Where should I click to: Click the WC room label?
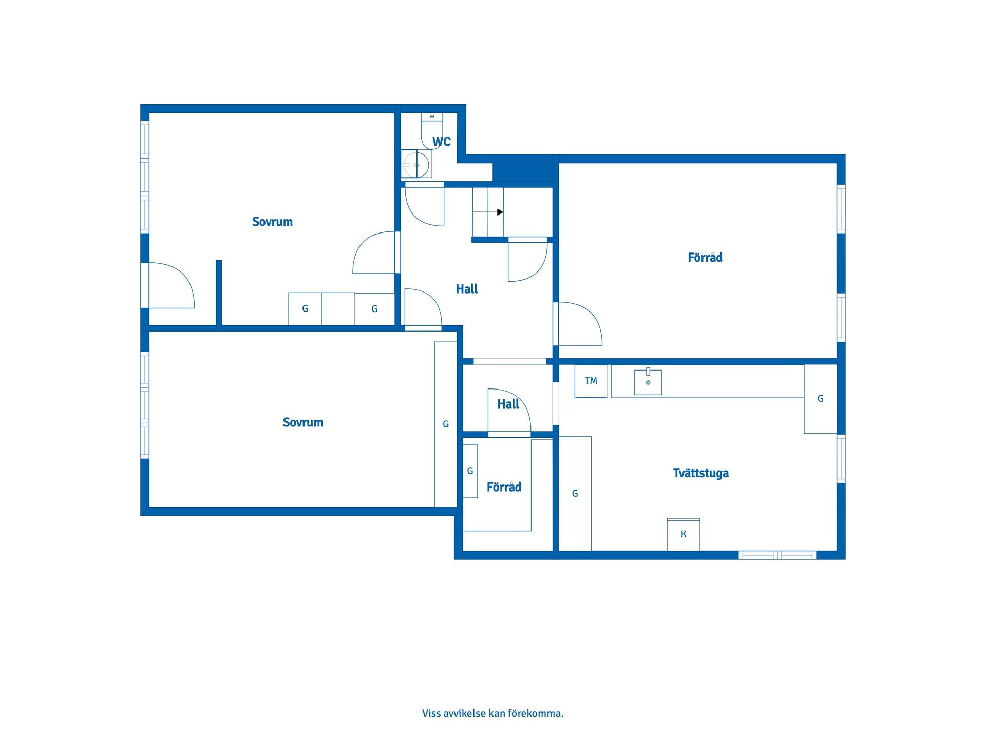point(441,141)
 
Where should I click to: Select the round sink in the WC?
point(416,164)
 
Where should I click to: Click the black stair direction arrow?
point(488,212)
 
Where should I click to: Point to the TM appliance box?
point(591,381)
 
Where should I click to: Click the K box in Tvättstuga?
point(684,534)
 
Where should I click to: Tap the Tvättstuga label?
point(700,473)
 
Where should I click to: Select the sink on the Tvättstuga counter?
point(648,382)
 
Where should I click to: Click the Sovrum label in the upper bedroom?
point(272,222)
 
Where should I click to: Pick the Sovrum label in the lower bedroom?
point(303,422)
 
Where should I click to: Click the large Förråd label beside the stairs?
point(705,257)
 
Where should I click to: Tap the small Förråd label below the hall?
point(504,487)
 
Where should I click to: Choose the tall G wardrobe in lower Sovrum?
point(446,424)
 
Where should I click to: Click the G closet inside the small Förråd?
point(470,471)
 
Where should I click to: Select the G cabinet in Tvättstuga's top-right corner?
point(821,399)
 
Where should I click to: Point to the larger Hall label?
point(467,289)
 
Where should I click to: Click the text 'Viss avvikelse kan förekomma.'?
point(493,713)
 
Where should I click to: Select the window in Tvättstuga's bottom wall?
point(778,555)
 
